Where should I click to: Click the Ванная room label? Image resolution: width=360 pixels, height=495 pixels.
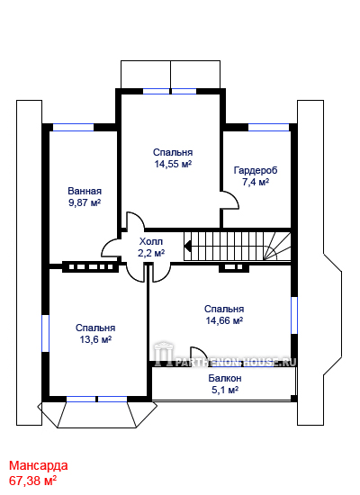pyautogui.click(x=85, y=191)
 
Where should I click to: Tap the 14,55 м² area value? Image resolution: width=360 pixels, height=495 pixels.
pyautogui.click(x=173, y=164)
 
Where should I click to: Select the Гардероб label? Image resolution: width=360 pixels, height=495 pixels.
pyautogui.click(x=256, y=170)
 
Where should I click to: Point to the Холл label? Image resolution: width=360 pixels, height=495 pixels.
pyautogui.click(x=151, y=241)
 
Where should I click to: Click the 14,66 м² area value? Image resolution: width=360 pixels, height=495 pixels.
pyautogui.click(x=224, y=320)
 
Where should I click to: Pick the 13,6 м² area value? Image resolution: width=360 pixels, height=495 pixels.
pyautogui.click(x=95, y=339)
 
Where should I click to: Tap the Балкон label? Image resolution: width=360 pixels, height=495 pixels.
pyautogui.click(x=225, y=378)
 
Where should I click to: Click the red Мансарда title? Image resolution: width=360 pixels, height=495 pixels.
pyautogui.click(x=38, y=465)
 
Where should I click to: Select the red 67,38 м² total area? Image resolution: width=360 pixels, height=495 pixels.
pyautogui.click(x=32, y=481)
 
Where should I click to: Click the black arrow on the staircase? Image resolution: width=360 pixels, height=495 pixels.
pyautogui.click(x=187, y=246)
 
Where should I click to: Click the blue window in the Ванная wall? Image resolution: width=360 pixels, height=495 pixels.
pyautogui.click(x=73, y=127)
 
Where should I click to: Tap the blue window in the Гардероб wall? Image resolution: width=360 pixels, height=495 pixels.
pyautogui.click(x=269, y=127)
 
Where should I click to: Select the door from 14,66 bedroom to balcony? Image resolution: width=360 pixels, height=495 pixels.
pyautogui.click(x=199, y=356)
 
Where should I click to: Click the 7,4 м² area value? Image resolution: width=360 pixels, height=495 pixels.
pyautogui.click(x=256, y=182)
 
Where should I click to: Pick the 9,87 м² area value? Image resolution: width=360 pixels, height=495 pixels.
pyautogui.click(x=85, y=202)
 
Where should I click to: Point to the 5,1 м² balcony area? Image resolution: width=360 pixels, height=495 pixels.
pyautogui.click(x=225, y=390)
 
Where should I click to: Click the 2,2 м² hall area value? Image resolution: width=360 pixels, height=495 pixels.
pyautogui.click(x=151, y=253)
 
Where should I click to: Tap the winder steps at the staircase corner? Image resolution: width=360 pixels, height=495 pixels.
pyautogui.click(x=277, y=247)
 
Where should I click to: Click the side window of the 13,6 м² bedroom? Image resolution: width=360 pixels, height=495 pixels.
pyautogui.click(x=46, y=333)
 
